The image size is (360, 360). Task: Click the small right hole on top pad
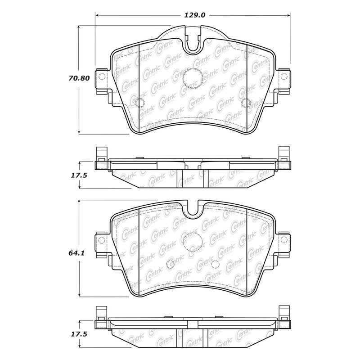click(245, 103)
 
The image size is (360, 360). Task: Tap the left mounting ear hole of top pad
click(100, 75)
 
